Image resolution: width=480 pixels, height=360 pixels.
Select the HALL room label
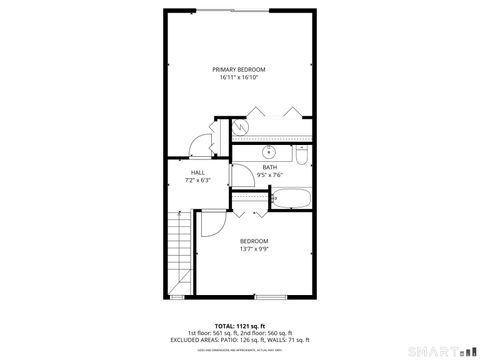coord(197,173)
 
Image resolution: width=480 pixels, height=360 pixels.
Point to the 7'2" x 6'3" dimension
coord(197,181)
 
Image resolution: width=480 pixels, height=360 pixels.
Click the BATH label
coord(270,167)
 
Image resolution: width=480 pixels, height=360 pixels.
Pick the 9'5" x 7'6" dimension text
coord(270,175)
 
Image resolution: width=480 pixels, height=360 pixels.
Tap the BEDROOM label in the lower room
coord(253,241)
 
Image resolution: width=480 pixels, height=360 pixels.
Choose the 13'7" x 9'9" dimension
coord(253,249)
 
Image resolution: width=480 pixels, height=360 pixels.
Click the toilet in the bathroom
coord(301,156)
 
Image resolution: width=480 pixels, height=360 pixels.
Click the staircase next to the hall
coord(181,254)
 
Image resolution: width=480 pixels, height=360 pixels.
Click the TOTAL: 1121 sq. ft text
coord(238,325)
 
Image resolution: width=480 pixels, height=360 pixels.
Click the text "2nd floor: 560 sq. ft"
coord(266,332)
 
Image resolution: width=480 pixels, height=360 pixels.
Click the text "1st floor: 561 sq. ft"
coord(210,332)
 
